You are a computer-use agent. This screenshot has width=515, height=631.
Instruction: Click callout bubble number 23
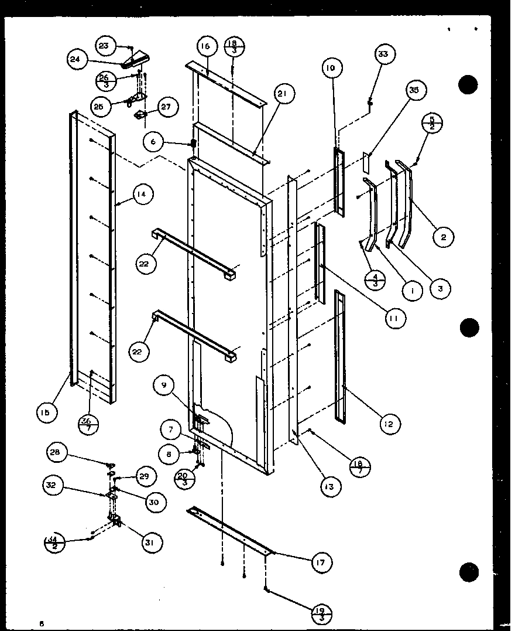pos(104,46)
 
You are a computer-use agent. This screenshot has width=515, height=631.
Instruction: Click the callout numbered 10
pos(331,68)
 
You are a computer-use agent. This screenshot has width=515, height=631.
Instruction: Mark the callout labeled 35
pos(414,90)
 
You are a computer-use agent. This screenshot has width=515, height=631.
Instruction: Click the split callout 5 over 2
pos(432,125)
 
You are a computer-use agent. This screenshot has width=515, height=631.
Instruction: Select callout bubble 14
pos(142,194)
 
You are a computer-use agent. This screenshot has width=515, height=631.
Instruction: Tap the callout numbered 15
pos(46,412)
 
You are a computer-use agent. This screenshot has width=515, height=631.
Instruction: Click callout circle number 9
pos(164,386)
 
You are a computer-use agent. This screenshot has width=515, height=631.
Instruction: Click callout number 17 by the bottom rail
pos(321,562)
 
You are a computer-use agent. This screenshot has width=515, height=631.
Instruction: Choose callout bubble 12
pos(389,424)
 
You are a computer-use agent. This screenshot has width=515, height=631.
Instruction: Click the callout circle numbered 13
pos(331,486)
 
